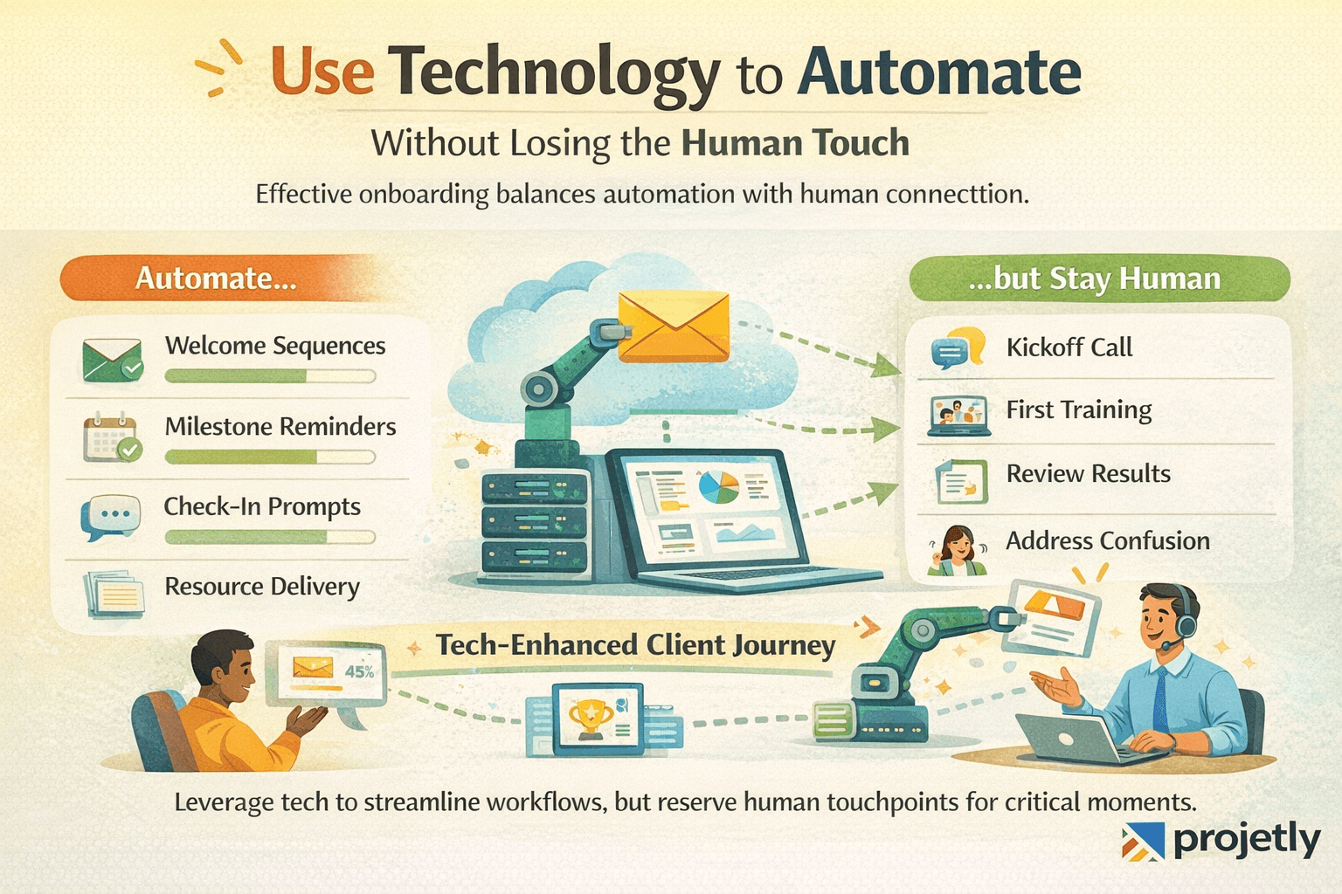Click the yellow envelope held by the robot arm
coord(673,327)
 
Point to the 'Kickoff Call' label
coord(1069,347)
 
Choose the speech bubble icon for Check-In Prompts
coord(110,517)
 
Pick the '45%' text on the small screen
coord(359,671)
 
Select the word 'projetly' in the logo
coord(1246,840)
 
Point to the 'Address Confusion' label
coord(1107,541)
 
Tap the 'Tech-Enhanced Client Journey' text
coord(635,645)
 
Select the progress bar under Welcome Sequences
coord(270,376)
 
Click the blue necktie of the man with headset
coord(1159,699)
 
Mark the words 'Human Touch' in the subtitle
coord(795,143)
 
